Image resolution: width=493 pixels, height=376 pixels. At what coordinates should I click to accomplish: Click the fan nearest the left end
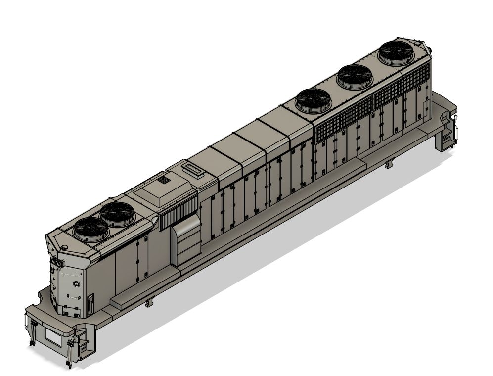(x=91, y=228)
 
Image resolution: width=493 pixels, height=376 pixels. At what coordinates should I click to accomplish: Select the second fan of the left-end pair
(x=119, y=214)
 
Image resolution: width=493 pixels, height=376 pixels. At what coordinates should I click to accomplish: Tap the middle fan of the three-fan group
(x=355, y=77)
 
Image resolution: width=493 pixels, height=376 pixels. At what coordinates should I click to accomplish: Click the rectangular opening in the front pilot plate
(x=52, y=336)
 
